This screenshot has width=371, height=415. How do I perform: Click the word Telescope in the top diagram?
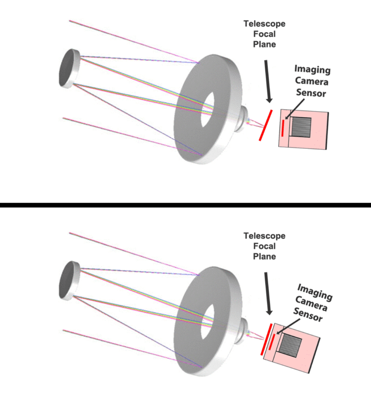[x=264, y=24]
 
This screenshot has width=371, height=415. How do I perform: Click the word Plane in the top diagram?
[x=264, y=44]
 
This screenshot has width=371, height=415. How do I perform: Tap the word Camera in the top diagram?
[x=312, y=81]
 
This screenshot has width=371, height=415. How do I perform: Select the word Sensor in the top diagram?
[x=311, y=93]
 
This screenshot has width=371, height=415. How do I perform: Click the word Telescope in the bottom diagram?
[x=264, y=236]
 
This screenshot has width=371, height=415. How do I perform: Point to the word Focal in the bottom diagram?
[x=264, y=246]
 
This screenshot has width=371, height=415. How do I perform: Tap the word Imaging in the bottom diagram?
[x=315, y=292]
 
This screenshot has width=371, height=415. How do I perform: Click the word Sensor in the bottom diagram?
[x=308, y=314]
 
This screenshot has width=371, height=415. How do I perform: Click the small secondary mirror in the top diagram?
[x=69, y=68]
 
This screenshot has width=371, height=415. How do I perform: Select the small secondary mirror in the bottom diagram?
[x=69, y=280]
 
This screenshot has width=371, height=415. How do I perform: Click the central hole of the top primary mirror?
[x=207, y=109]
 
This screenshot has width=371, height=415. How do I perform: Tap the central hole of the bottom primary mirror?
[x=207, y=322]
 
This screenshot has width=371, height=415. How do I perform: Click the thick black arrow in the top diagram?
[x=268, y=81]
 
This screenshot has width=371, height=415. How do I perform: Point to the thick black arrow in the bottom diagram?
[x=268, y=293]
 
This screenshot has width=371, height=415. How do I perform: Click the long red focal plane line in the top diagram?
[x=266, y=125]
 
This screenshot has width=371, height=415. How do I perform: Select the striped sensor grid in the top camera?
[x=301, y=127]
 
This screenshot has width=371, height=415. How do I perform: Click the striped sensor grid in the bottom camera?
[x=290, y=345]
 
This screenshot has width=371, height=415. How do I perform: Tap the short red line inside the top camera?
[x=283, y=128]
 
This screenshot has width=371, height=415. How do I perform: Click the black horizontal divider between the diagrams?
[x=185, y=205]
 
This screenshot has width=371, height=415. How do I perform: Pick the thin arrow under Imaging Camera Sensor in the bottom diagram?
[x=288, y=326]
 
